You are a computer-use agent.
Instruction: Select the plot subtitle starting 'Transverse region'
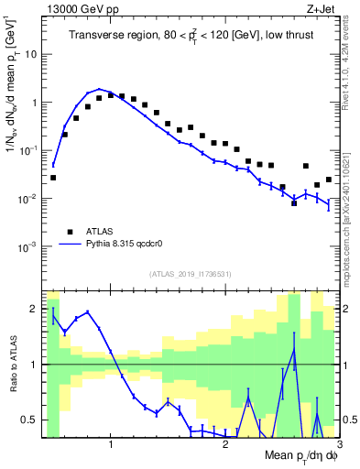[x=190, y=36]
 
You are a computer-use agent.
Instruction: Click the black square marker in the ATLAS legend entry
[x=68, y=232]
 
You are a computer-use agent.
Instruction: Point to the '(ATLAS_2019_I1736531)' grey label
[x=190, y=274]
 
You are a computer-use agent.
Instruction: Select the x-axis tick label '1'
[x=111, y=444]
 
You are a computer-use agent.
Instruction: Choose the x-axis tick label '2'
[x=225, y=444]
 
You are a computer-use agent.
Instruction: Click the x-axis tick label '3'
[x=338, y=444]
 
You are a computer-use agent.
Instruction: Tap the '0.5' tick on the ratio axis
[x=29, y=420]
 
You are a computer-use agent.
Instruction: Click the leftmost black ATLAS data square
[x=53, y=178]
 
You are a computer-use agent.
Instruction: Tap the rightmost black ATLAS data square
[x=329, y=180]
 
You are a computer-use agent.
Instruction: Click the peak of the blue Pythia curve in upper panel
[x=99, y=90]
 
